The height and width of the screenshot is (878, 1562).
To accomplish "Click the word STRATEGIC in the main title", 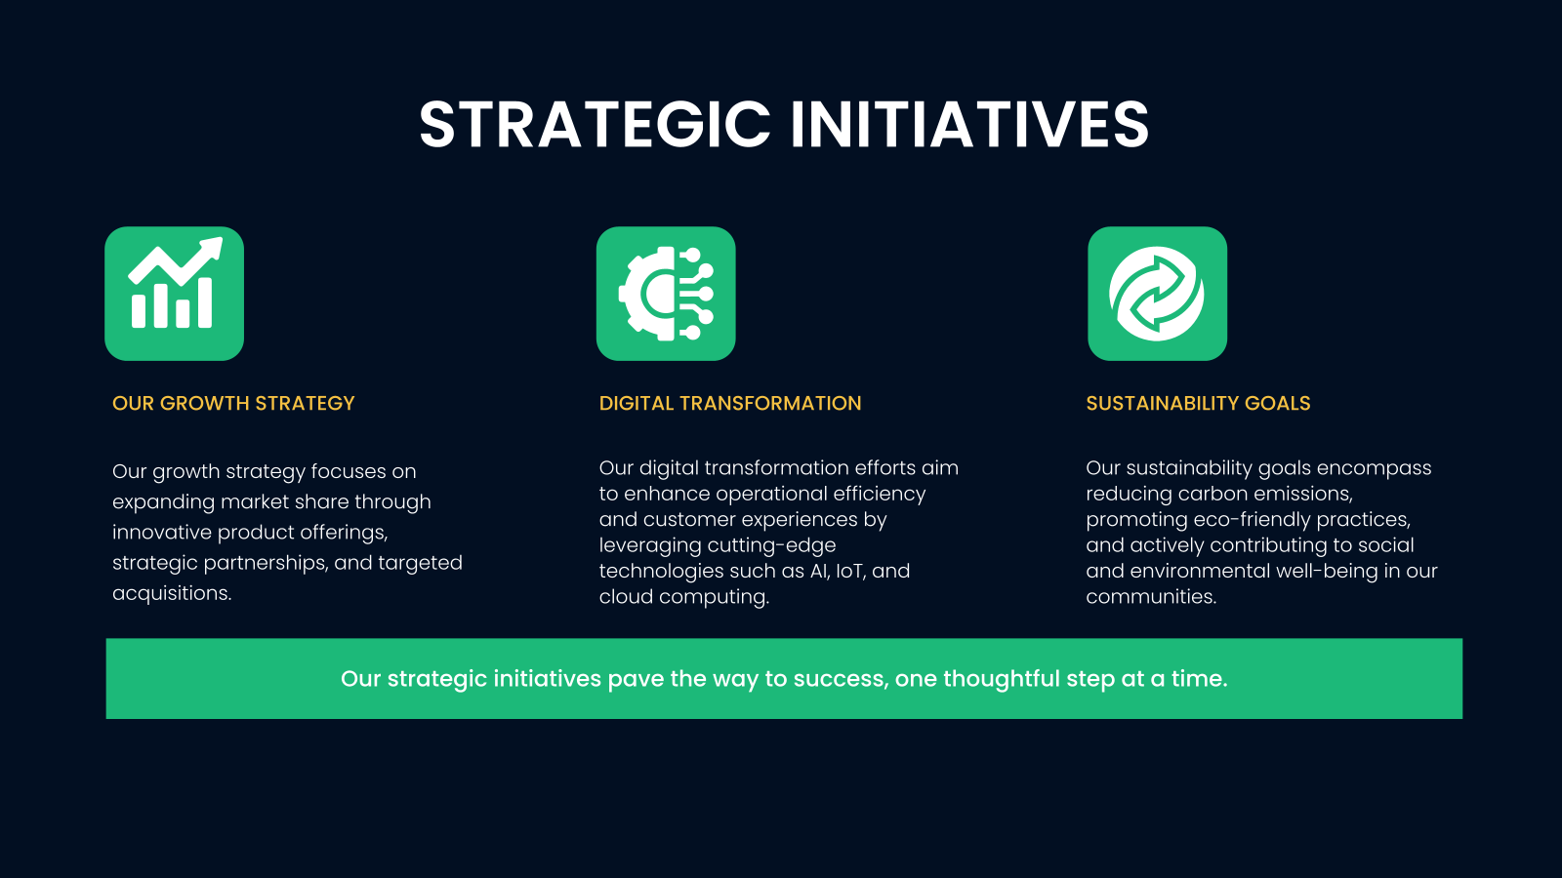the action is [595, 125].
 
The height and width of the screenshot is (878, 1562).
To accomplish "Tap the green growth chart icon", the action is [175, 294].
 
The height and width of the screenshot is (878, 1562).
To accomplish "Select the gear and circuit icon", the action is [666, 294].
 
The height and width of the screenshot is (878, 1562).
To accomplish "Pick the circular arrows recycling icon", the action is [1158, 294].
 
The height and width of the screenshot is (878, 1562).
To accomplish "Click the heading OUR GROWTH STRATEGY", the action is [233, 404].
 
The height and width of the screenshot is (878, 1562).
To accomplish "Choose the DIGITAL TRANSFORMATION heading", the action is [730, 404].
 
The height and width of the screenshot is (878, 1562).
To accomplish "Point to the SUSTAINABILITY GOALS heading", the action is [1198, 404].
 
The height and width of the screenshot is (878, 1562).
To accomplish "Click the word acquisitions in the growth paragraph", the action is [172, 594].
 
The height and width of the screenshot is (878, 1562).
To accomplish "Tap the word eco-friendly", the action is [1252, 520].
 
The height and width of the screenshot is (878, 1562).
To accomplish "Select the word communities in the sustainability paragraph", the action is [1151, 597].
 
